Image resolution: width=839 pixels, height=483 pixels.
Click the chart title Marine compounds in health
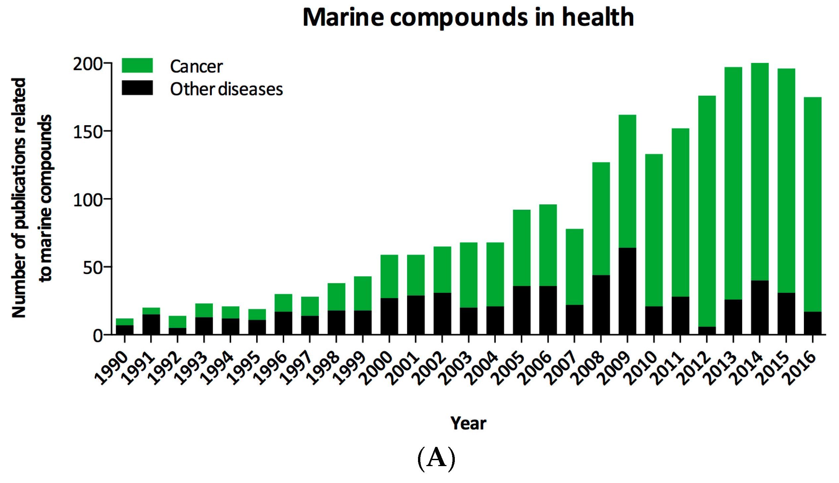(468, 17)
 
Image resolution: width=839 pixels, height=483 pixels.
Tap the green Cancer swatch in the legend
(137, 65)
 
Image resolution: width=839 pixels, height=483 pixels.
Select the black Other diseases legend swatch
(137, 88)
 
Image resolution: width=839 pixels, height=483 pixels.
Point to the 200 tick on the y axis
(88, 64)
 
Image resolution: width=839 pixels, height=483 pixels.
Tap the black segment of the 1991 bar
(151, 324)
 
